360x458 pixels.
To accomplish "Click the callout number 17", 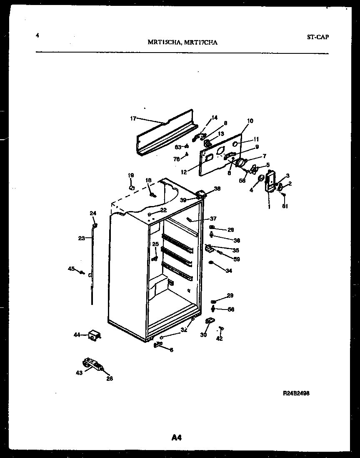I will coord(133,118).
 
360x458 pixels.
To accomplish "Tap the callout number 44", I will coord(77,335).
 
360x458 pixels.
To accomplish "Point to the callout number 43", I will coord(79,373).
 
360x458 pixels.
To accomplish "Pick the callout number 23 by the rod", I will coord(81,238).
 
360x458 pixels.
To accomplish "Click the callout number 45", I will coord(72,268).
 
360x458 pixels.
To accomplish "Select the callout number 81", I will coord(285,206).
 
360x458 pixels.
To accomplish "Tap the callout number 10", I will coord(250,121).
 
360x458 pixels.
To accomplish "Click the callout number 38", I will coord(217,189).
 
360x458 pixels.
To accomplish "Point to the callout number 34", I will coord(229,271).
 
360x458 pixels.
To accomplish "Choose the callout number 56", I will coord(231,310).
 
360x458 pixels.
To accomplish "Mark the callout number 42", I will coord(220,338).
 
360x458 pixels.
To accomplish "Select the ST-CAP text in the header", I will coord(318,37).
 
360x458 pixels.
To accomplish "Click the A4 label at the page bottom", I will coord(177,437).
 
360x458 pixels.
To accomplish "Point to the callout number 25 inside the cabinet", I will coord(155,244).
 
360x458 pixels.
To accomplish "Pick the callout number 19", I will coord(131,175).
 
